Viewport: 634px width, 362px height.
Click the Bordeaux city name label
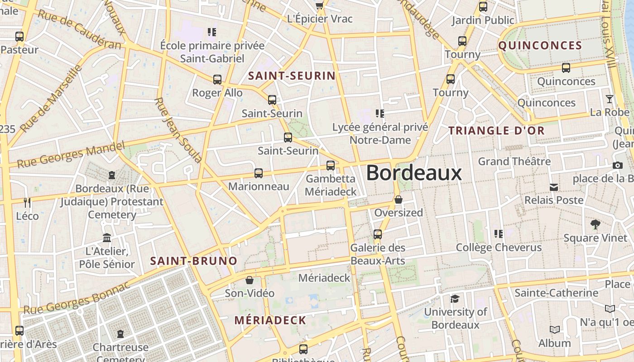413,173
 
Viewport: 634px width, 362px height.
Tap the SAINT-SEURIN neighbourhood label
292,76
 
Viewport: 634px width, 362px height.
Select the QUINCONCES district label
540,45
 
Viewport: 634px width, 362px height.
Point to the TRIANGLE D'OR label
496,131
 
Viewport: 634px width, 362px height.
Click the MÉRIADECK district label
270,320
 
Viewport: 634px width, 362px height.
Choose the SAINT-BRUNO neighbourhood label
193,261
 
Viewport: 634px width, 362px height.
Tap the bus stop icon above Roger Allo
217,80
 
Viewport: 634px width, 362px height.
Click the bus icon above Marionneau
258,173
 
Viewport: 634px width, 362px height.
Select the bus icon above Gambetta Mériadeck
331,166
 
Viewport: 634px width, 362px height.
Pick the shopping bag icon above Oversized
399,200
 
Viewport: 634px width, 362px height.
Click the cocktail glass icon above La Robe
610,99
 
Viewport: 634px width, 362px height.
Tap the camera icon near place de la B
617,166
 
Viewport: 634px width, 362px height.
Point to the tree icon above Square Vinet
595,224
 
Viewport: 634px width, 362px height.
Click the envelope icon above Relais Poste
553,187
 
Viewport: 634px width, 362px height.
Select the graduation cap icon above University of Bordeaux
455,299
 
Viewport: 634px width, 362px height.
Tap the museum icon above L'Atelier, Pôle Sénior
107,238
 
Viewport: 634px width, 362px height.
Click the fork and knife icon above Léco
27,202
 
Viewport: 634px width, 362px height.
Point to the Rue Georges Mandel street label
71,154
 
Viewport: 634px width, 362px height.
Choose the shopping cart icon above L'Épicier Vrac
320,5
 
